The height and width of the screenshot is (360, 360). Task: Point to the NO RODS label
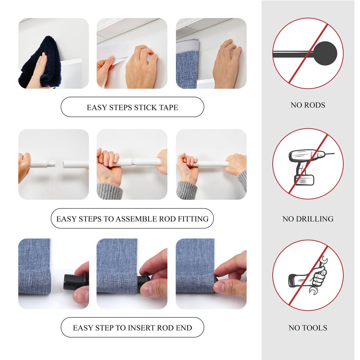click(x=308, y=105)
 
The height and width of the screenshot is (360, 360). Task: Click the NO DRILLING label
click(x=308, y=219)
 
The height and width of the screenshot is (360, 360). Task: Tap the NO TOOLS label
click(x=308, y=328)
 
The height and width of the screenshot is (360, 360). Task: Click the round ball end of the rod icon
click(x=325, y=53)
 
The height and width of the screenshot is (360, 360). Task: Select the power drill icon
click(x=308, y=167)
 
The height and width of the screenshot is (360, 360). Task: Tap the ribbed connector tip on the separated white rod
click(x=51, y=164)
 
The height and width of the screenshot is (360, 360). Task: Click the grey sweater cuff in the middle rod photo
click(x=109, y=191)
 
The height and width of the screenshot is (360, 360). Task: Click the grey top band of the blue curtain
click(x=188, y=46)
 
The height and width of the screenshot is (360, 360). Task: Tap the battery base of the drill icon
click(x=304, y=180)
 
